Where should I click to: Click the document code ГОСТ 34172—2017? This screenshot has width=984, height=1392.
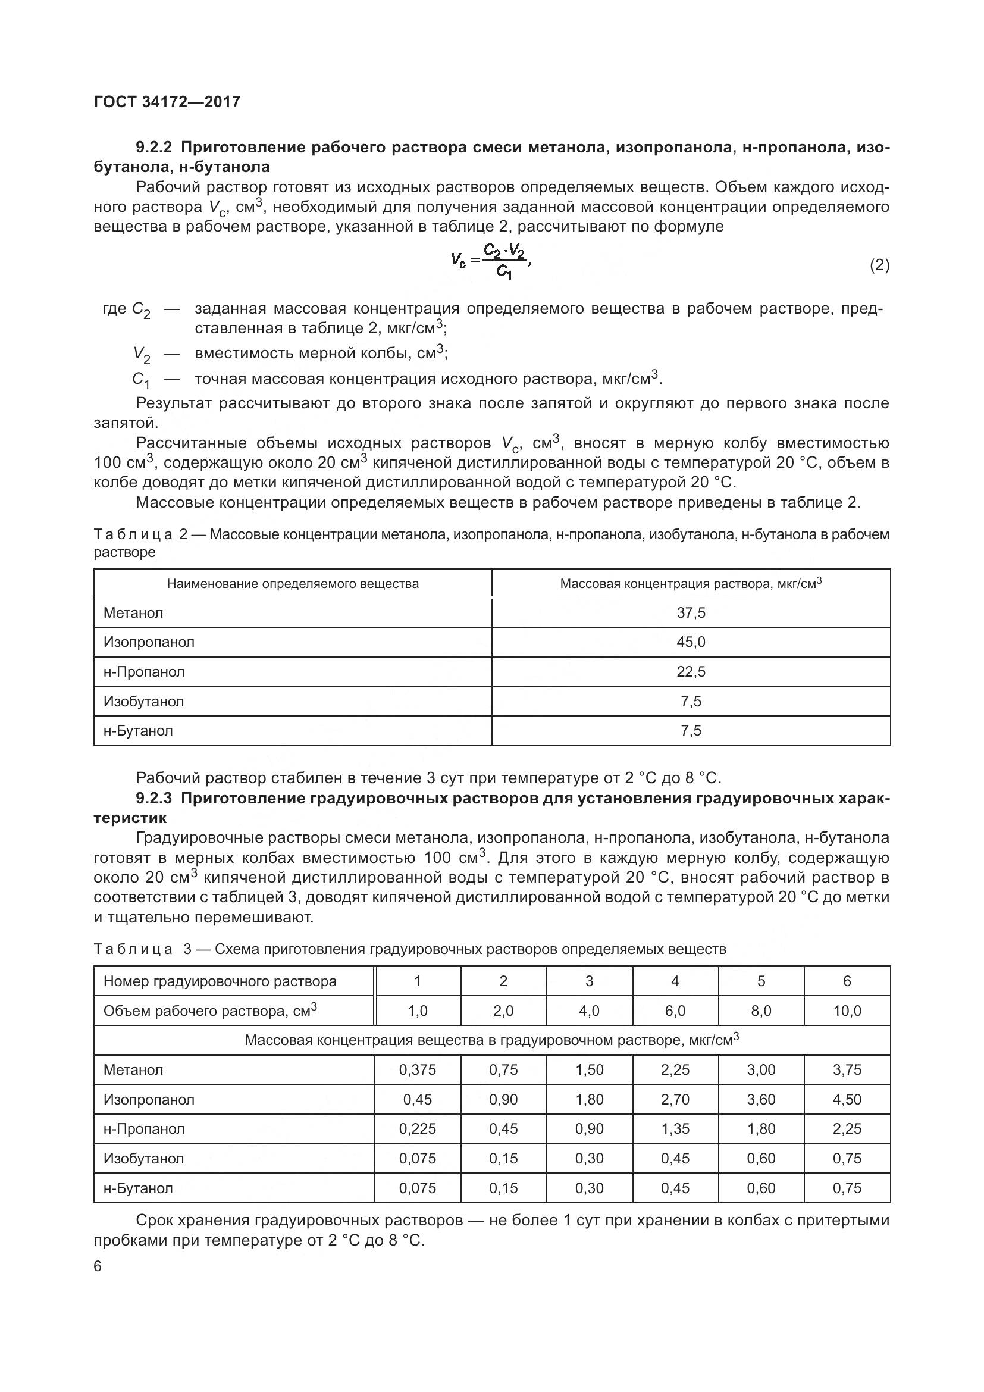[167, 102]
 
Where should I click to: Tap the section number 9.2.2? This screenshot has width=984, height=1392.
[154, 148]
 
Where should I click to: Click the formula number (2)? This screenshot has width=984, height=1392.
[879, 265]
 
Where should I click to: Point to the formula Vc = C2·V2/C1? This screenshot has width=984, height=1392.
[491, 261]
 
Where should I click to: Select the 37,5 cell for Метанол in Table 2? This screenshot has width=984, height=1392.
[691, 613]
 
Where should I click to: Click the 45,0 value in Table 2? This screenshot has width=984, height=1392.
[691, 642]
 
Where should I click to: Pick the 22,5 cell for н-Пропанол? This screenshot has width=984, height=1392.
[691, 672]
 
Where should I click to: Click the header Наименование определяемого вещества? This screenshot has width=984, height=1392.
[293, 584]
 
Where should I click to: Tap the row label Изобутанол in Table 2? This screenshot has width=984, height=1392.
[143, 702]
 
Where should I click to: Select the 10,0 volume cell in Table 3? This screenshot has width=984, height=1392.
[847, 1011]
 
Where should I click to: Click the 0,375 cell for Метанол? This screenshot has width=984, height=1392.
[418, 1070]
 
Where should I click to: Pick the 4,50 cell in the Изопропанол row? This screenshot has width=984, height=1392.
[847, 1100]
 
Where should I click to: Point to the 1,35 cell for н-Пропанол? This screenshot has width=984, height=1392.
[675, 1129]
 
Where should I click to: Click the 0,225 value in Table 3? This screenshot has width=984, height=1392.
[418, 1129]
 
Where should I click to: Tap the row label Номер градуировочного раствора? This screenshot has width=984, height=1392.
[220, 981]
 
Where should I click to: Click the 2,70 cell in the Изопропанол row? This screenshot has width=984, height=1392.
[675, 1100]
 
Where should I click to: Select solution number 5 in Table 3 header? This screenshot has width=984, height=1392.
[761, 981]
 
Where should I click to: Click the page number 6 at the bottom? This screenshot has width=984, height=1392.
[98, 1266]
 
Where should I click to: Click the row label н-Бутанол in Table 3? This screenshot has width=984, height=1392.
[138, 1188]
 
